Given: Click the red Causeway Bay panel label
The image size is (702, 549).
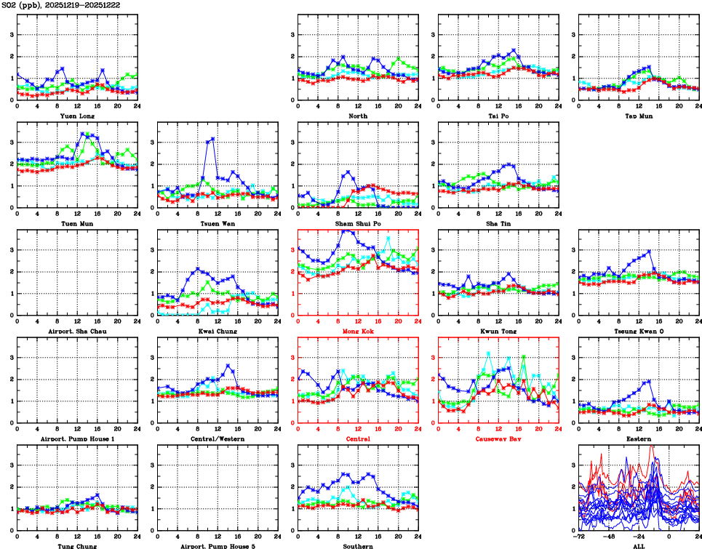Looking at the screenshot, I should click(x=498, y=438).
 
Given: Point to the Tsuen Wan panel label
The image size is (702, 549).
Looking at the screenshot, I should click(x=218, y=223).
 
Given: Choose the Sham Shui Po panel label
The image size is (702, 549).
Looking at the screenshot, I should click(x=357, y=223).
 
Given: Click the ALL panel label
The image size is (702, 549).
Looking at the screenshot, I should click(x=638, y=545).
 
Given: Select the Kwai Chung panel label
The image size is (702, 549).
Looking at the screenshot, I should click(x=218, y=331).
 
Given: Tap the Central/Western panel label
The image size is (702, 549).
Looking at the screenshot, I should click(x=218, y=438).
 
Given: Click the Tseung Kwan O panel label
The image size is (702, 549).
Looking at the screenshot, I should click(x=638, y=331).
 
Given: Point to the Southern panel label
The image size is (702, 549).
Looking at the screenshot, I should click(x=357, y=545).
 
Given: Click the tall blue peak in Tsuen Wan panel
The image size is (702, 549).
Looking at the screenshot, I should click(x=212, y=138).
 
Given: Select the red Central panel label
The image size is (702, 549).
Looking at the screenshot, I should click(x=357, y=438).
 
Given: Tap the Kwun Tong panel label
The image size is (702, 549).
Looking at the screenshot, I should click(x=498, y=331).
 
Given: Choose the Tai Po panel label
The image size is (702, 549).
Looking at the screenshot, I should click(x=498, y=116).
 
